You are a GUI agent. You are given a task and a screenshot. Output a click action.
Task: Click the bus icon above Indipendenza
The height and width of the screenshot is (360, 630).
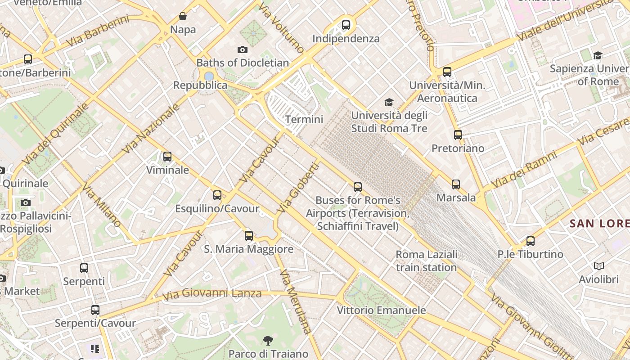[x=346, y=25]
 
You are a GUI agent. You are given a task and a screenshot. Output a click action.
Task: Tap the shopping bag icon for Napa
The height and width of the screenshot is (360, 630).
[x=183, y=17]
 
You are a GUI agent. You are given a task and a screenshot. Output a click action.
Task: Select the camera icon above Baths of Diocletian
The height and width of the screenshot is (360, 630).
[x=243, y=49]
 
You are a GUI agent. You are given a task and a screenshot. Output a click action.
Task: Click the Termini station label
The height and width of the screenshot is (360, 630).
[x=304, y=119]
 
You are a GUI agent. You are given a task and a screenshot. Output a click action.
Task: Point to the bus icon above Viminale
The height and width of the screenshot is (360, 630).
[x=167, y=157]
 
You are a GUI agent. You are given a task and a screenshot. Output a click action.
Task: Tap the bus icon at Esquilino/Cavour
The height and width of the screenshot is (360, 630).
[x=217, y=195]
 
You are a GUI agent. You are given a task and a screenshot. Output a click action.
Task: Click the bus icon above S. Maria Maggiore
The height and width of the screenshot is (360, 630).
[x=248, y=235]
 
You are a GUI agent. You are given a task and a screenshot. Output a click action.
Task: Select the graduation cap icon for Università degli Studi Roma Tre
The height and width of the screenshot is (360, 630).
[x=389, y=103]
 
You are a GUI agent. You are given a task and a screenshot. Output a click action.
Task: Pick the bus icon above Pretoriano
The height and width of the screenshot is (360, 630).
[x=458, y=135]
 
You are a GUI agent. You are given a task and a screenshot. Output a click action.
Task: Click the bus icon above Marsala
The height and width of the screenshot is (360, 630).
[x=456, y=184]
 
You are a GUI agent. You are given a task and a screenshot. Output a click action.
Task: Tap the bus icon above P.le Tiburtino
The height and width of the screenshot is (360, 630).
[x=531, y=241]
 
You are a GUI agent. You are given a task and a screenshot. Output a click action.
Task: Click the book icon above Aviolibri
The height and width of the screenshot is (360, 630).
[x=598, y=266]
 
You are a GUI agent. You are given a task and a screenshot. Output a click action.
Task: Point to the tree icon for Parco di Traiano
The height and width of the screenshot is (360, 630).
[x=268, y=340]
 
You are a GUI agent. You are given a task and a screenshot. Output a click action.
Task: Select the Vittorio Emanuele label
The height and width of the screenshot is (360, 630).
[x=381, y=310]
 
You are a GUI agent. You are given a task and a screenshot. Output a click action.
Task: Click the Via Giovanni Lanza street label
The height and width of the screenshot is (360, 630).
[x=212, y=294]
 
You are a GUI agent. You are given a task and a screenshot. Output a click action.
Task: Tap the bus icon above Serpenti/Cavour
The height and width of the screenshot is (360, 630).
[x=95, y=310]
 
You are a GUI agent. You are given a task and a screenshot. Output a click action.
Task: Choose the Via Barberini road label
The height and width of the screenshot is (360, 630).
[x=98, y=31]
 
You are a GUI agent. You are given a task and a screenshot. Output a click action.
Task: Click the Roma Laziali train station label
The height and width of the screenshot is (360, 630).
[x=426, y=261]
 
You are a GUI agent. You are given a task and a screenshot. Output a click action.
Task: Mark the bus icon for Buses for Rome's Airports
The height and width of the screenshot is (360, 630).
[x=358, y=187]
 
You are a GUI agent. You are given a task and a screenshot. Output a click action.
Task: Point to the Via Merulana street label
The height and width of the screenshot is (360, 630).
[x=296, y=301]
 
